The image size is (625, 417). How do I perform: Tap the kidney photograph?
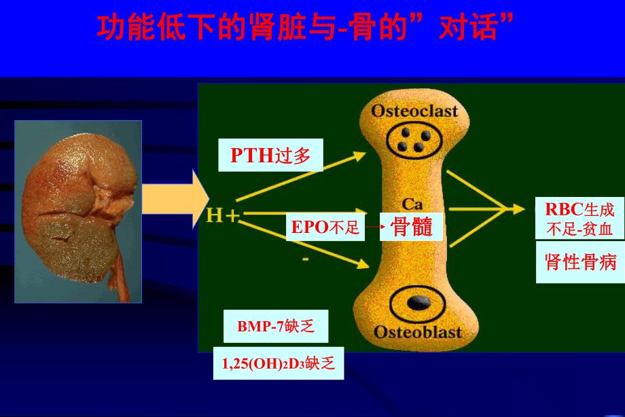[x=78, y=211]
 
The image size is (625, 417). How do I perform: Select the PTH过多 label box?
[x=270, y=156]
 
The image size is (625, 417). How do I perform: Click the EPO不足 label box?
[x=325, y=228]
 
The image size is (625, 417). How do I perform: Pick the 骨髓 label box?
[x=411, y=227]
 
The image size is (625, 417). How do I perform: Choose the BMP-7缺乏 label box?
[x=276, y=327]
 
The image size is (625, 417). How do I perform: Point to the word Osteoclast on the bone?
[x=414, y=111]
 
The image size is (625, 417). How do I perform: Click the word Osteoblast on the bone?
[x=417, y=331]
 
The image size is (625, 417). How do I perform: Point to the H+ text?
[x=223, y=216]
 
